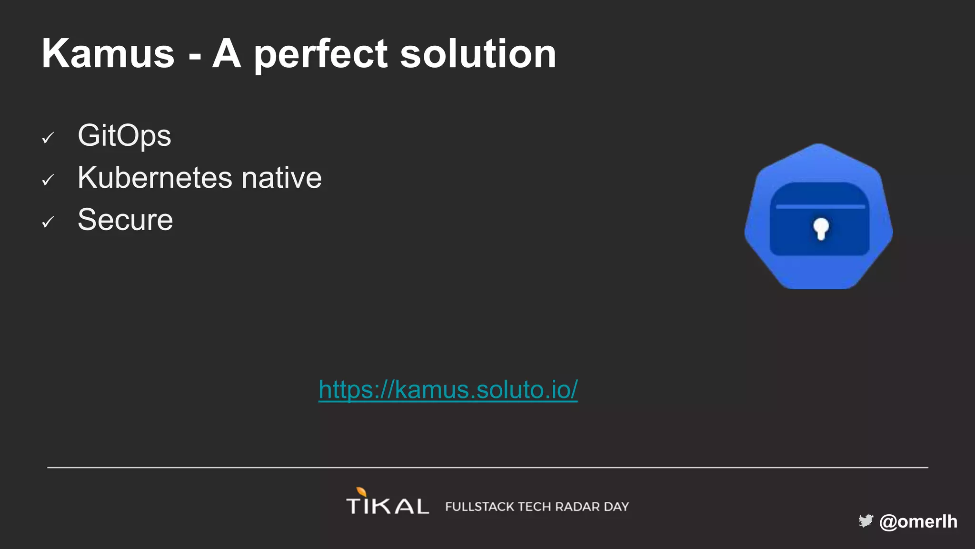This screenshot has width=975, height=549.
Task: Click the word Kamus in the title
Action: point(108,54)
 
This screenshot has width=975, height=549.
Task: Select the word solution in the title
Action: point(478,54)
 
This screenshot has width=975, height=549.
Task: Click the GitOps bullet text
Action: point(124,136)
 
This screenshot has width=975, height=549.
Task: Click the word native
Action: point(281,178)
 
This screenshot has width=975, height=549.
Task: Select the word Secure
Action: point(125,220)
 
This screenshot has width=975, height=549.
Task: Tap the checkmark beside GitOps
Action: point(48,138)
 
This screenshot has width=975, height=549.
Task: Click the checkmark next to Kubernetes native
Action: point(48,180)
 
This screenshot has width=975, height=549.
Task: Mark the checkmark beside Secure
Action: point(48,222)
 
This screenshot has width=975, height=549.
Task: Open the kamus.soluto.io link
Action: point(448,390)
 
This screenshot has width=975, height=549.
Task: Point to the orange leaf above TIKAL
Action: point(362,491)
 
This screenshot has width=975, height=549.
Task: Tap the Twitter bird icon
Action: point(866,521)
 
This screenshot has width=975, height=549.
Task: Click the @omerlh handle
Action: point(918,521)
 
